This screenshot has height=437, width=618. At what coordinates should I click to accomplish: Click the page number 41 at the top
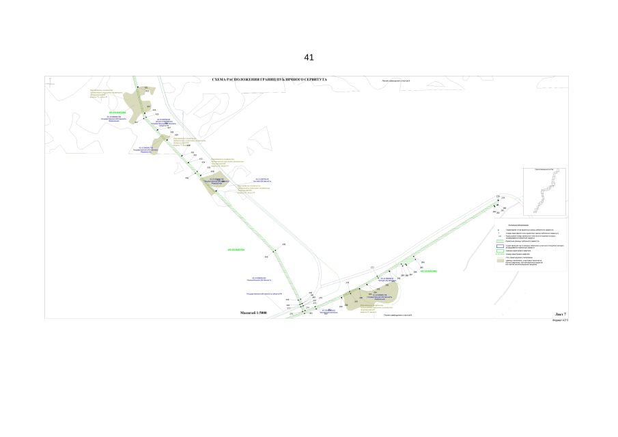click(309, 57)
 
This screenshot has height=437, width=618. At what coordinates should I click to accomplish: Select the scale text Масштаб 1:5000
click(253, 313)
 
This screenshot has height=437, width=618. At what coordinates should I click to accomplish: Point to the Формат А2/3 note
click(560, 320)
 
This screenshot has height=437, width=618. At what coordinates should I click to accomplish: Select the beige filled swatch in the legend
click(500, 261)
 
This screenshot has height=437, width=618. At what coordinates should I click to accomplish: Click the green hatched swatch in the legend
click(500, 255)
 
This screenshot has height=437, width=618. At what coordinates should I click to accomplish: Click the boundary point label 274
click(503, 198)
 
